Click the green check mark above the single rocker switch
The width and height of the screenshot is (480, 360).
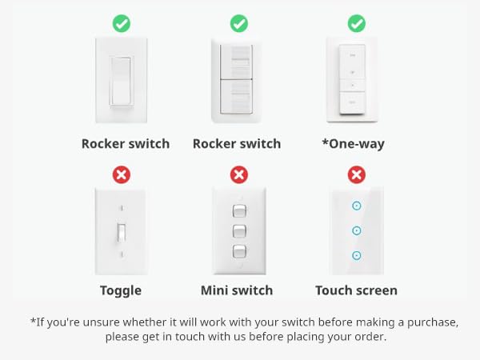(x=121, y=24)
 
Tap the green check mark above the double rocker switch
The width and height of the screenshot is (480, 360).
(x=238, y=24)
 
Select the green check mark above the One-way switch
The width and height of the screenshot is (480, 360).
(x=357, y=24)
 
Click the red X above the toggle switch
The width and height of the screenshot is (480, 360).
(x=121, y=174)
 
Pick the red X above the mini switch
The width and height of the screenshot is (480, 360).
(x=238, y=174)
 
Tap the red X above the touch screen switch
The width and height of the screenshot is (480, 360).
(x=357, y=174)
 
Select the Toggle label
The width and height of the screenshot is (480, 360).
(x=121, y=290)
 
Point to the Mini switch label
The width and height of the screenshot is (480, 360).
(x=237, y=290)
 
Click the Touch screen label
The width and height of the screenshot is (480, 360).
(x=356, y=290)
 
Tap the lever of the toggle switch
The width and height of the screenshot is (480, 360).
(x=121, y=232)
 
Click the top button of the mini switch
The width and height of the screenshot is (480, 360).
(x=238, y=211)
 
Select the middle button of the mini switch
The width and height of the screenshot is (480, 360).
(x=238, y=232)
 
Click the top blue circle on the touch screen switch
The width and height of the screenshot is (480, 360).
(x=357, y=206)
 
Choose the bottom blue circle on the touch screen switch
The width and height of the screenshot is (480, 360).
(x=357, y=255)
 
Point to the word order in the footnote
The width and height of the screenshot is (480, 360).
(x=367, y=337)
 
